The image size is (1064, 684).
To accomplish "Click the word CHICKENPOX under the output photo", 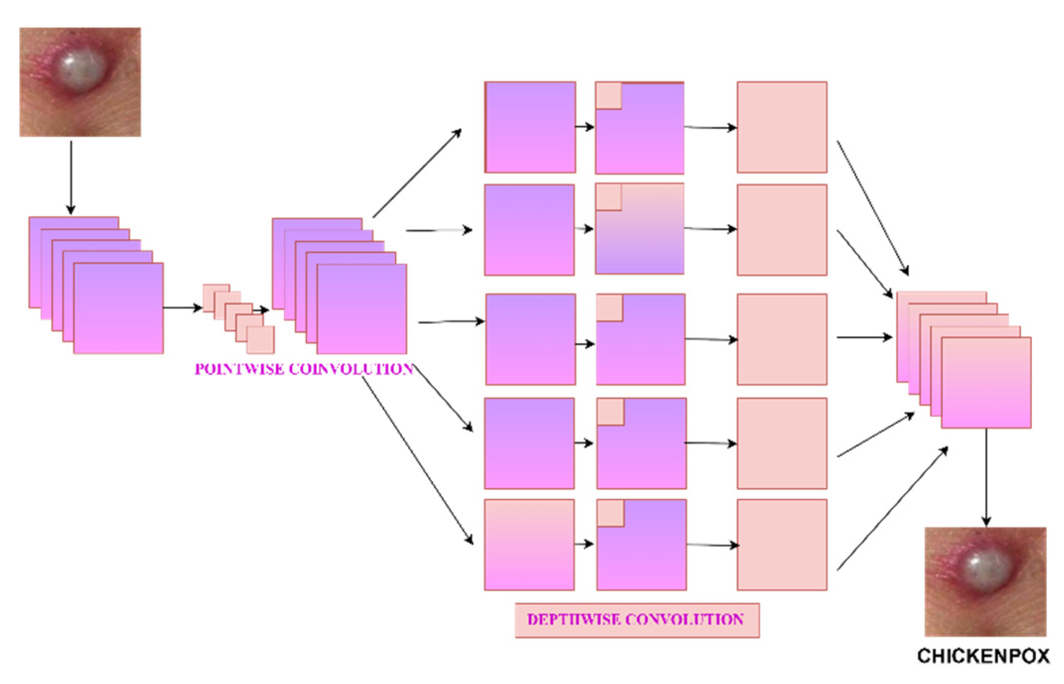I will (983, 656).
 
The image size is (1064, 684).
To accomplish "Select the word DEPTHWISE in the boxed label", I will (571, 619).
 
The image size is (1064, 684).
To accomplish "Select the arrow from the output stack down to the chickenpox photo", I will (986, 477).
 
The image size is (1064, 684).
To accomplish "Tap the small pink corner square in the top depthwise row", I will (609, 96).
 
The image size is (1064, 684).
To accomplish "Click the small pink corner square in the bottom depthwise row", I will (611, 513).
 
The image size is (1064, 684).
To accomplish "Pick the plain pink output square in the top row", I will (782, 127).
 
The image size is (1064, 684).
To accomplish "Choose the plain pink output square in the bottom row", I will (782, 544).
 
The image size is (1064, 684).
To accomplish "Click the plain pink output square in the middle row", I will (782, 339).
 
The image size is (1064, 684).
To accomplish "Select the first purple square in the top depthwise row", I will (530, 127).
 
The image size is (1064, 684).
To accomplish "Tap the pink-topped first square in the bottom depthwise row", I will (529, 544).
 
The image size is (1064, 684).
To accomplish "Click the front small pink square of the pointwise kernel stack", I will (261, 340).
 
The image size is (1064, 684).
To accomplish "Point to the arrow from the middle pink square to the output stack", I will (864, 337).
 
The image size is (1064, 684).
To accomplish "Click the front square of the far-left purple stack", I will (119, 308).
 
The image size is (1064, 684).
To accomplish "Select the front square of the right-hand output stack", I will (986, 383).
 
